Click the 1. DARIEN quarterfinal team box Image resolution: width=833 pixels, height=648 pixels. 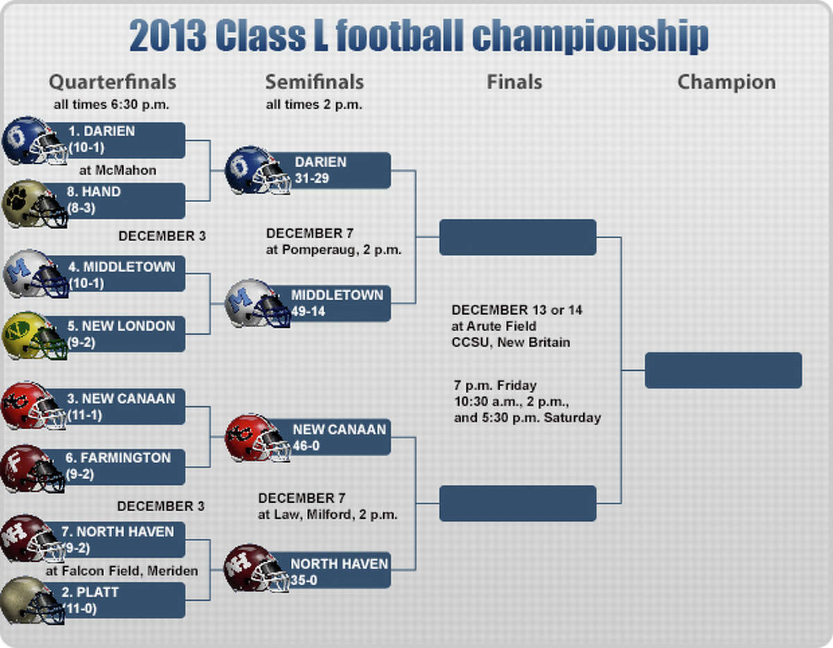115,140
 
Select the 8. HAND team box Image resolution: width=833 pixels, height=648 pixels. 115,201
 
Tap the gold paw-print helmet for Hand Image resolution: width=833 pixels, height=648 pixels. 34,203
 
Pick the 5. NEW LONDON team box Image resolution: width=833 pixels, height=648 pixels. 115,333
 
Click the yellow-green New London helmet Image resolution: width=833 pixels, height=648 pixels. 35,335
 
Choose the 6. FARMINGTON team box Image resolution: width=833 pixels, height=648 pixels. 115,467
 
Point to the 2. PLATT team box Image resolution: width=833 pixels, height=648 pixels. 115,600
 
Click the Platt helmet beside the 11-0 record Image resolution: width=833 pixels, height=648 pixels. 33,601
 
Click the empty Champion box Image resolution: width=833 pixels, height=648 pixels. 723,370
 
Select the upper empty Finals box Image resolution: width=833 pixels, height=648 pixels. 518,238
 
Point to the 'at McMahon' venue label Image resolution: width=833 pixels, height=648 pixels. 118,170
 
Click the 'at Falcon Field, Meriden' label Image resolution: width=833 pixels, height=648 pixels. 122,571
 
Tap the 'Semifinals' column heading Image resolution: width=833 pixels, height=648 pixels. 314,82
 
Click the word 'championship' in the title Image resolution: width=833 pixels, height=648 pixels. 590,36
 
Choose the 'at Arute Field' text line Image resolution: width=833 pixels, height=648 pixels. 494,326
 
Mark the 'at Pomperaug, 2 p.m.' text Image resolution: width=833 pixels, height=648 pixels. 333,250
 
